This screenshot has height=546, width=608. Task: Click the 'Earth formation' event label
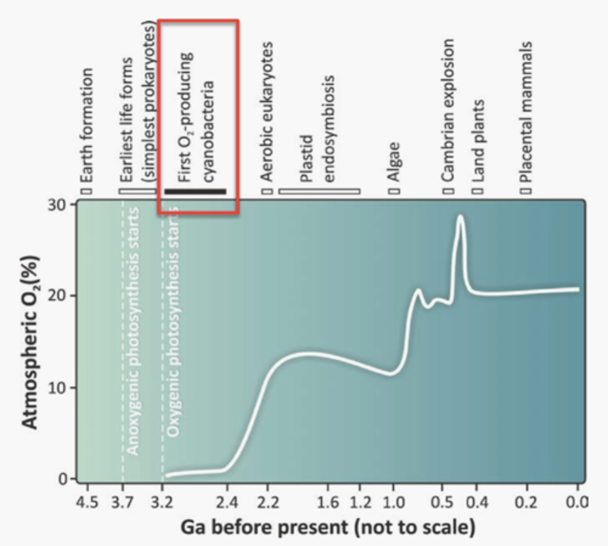(86, 125)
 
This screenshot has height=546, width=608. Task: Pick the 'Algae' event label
(393, 162)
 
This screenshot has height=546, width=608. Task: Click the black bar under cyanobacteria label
(195, 192)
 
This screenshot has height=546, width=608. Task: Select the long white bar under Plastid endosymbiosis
(319, 192)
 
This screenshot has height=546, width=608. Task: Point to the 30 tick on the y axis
(57, 204)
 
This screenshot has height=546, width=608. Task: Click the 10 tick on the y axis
(57, 388)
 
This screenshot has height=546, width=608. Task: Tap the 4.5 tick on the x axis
(86, 503)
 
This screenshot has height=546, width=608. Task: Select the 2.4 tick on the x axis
(227, 503)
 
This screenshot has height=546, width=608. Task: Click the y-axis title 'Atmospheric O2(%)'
(30, 341)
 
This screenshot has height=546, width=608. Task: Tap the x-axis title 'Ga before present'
(328, 528)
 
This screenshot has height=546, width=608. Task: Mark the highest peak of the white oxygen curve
(461, 216)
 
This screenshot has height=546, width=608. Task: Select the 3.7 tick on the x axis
(123, 503)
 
